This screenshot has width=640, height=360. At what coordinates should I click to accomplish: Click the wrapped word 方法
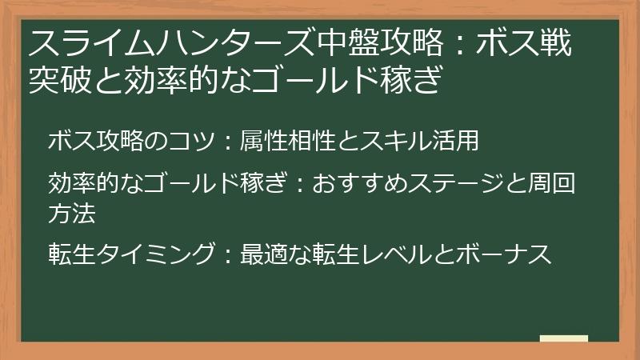coord(72,212)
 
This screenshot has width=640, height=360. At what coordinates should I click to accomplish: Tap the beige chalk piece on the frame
coord(563,339)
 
